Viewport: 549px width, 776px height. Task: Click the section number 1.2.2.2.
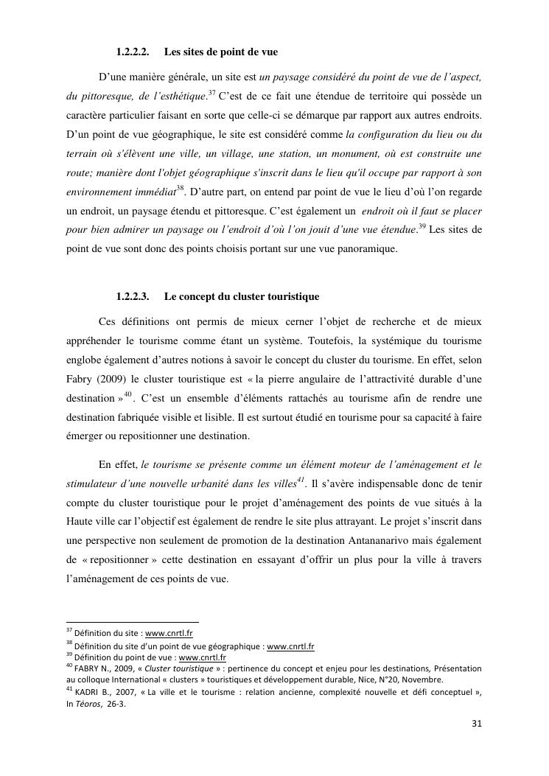(133, 52)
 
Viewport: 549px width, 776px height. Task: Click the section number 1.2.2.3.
(133, 297)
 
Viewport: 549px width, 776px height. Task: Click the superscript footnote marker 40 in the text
(127, 395)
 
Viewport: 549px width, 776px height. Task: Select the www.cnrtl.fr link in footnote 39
(202, 657)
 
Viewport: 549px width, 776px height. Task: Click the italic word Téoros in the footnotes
(91, 704)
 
